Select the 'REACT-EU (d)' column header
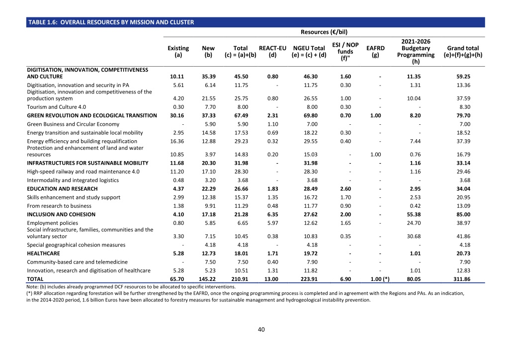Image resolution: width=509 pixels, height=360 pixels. coord(273,52)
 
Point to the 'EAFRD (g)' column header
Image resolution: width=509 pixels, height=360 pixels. coord(376,52)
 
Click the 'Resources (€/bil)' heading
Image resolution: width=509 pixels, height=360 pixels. coord(324,32)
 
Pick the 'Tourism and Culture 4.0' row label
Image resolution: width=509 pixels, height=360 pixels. coord(57,107)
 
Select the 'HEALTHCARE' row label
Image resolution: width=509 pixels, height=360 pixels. coord(44,253)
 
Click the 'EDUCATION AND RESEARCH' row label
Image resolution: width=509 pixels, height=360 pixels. coord(62,188)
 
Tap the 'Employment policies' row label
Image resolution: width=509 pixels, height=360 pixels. coord(53,223)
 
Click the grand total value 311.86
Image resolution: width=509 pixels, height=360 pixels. coord(462,279)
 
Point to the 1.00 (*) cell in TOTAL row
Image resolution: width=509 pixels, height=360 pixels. coord(380,279)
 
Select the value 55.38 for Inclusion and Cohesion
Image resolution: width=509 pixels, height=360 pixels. coord(414,214)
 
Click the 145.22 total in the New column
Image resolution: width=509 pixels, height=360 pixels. coord(207,279)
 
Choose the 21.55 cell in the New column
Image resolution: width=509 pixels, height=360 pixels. coord(209,98)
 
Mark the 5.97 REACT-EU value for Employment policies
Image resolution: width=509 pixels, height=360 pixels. coord(273,223)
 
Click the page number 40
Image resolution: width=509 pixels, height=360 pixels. coord(261,330)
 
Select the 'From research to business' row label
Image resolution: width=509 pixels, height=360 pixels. coord(59,206)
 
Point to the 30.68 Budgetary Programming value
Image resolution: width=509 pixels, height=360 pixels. coord(414,236)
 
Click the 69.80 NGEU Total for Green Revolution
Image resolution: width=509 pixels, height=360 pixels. coord(311,115)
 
